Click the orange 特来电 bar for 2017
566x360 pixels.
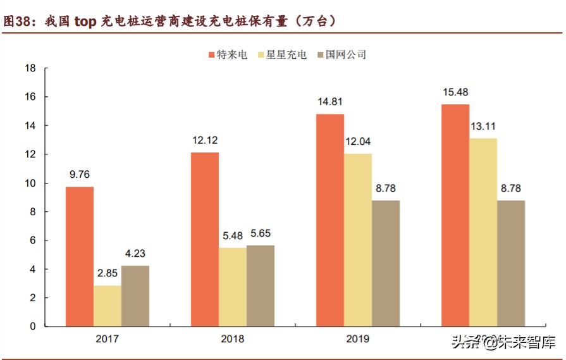80,256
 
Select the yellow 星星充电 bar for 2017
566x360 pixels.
108,306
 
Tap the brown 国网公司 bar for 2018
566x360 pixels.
261,285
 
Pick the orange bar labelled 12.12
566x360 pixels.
205,239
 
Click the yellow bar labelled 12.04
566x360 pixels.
358,240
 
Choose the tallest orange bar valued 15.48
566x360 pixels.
455,215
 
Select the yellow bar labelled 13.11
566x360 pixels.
483,232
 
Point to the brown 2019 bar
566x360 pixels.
386,263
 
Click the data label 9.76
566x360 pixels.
80,174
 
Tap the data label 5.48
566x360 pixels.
233,235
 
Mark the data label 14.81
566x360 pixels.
330,101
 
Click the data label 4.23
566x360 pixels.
135,253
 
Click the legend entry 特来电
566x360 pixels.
228,54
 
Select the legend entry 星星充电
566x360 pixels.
282,54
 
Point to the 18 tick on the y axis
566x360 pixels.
29,68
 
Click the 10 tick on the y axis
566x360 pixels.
29,183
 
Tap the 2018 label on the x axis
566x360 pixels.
233,338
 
